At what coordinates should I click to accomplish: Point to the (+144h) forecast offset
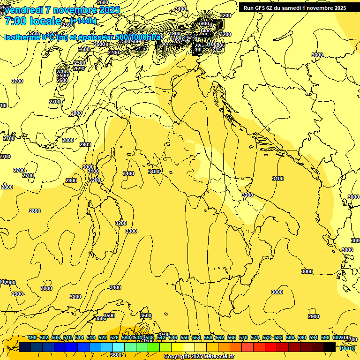83,20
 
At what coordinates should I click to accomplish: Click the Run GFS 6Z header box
294,7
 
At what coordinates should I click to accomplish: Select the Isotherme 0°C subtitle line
82,37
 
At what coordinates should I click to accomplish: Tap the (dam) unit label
347,347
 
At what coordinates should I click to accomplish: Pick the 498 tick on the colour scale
32,337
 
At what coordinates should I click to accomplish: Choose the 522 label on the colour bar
103,337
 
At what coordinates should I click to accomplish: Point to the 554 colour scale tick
196,337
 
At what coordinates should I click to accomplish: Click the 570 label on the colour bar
243,337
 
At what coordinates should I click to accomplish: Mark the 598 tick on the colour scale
325,337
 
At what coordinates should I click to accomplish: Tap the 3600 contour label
116,355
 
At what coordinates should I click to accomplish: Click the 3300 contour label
131,231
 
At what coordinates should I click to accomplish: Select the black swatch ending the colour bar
330,347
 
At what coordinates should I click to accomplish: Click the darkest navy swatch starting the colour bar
25,347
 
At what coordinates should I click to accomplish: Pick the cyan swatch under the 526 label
119,347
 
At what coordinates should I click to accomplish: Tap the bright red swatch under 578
271,347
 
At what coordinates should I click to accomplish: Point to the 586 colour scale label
290,337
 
